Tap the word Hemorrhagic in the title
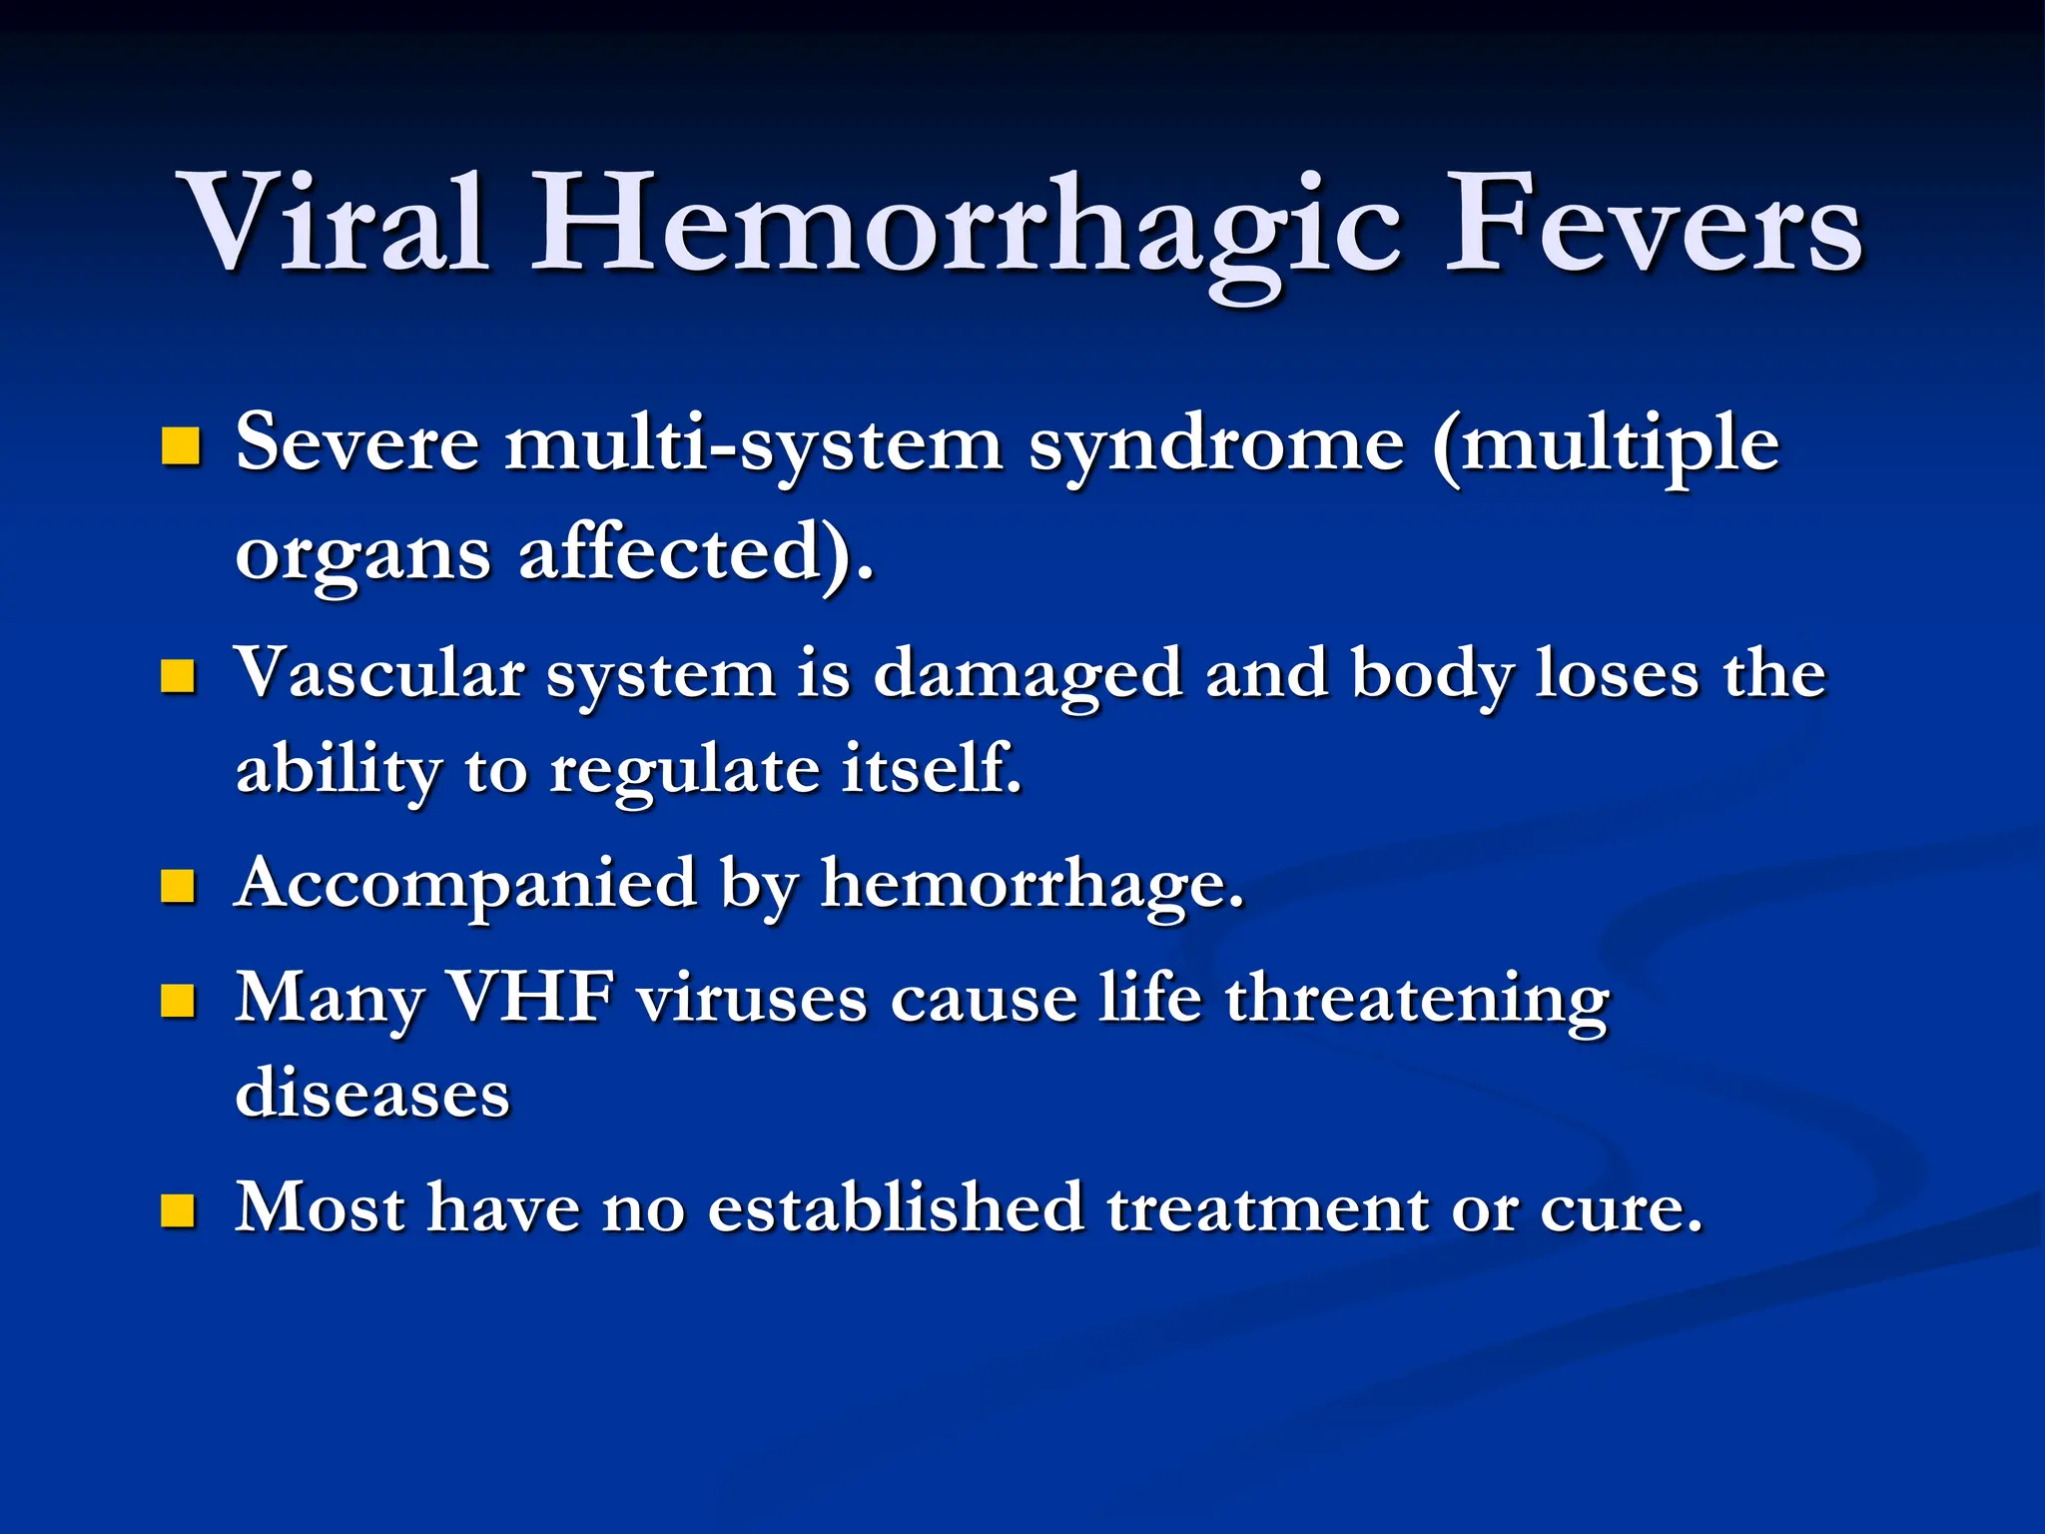[x=967, y=228]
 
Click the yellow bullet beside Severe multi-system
[x=181, y=446]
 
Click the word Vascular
[x=379, y=674]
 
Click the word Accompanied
[x=466, y=885]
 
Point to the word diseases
[x=372, y=1093]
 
